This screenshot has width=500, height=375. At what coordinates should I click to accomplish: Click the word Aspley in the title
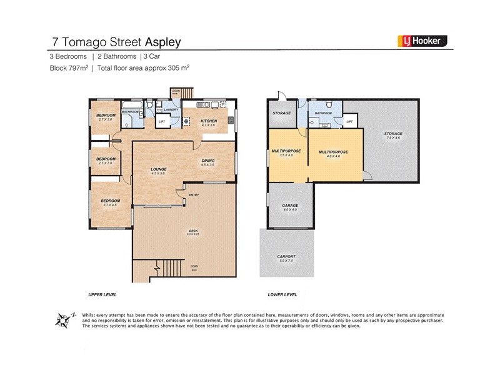tap(163, 42)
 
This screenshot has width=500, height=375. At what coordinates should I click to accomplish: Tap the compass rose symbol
tap(62, 320)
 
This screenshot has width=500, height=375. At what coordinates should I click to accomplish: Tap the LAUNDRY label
tap(172, 110)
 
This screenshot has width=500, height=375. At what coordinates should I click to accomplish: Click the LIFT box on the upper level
tap(162, 121)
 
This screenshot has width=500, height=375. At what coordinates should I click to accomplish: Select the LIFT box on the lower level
tap(349, 121)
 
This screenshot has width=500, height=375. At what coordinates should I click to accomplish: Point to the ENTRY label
tap(194, 195)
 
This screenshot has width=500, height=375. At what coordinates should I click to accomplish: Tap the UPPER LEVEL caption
tap(102, 294)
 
